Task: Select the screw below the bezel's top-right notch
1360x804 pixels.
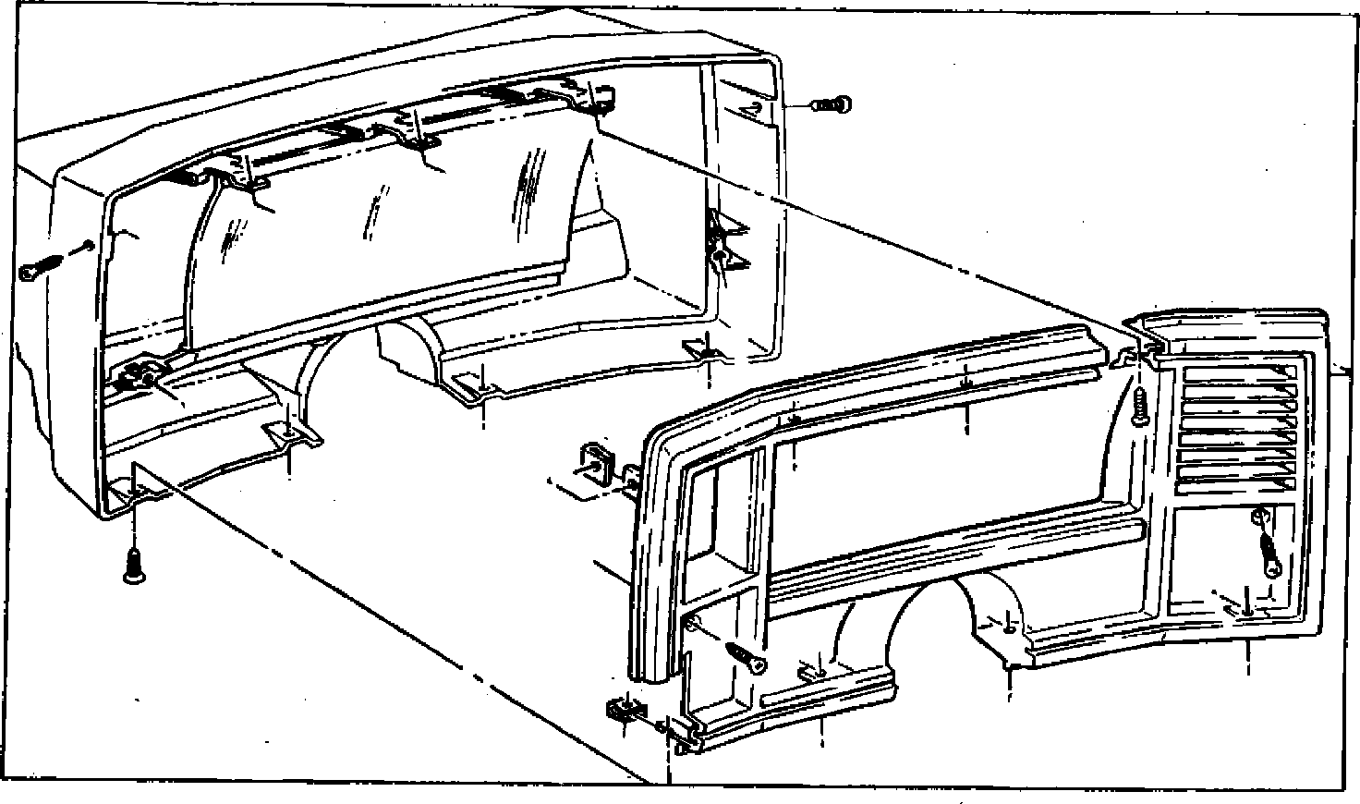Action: click(1140, 407)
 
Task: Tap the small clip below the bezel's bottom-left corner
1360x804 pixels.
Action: click(623, 710)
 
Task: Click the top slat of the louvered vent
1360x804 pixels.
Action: click(1238, 379)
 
